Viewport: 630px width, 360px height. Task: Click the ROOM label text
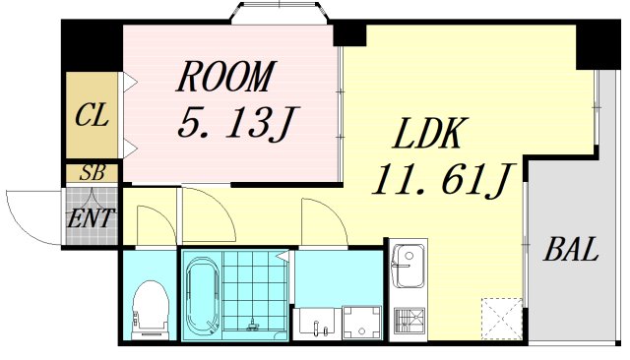click(226, 75)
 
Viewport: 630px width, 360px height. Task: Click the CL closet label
click(91, 115)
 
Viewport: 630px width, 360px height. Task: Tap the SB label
click(93, 173)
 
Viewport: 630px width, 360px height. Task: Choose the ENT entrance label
click(92, 217)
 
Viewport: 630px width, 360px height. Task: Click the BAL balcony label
click(572, 249)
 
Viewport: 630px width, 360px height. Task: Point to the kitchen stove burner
click(407, 322)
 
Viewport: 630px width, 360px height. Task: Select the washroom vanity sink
click(315, 320)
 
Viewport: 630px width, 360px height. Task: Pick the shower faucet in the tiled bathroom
click(255, 324)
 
